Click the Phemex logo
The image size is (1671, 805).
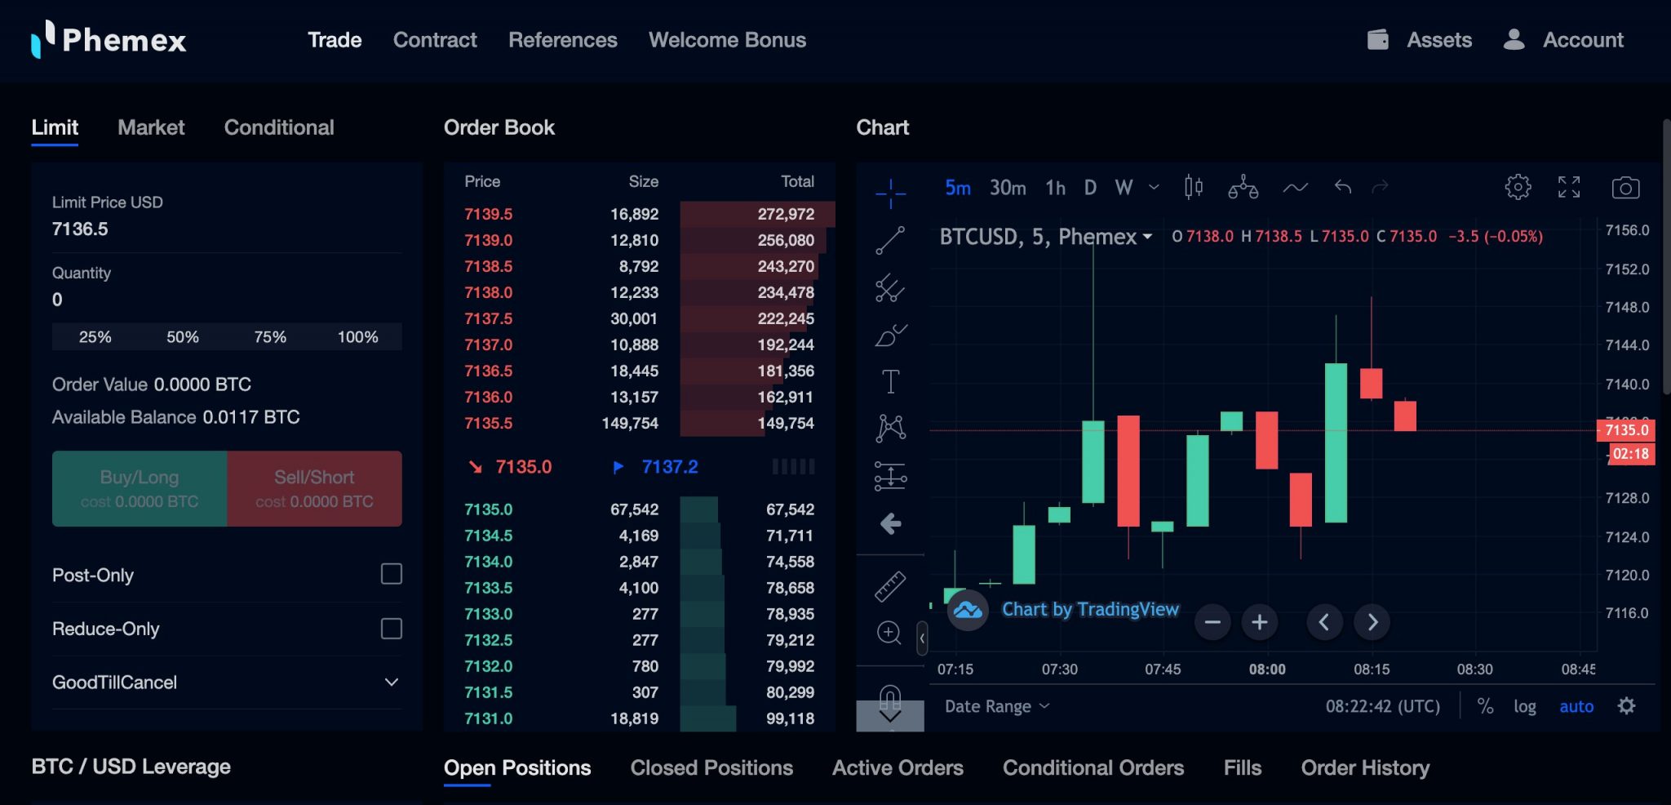click(109, 39)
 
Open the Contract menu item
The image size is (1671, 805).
click(435, 40)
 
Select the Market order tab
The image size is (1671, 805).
click(151, 127)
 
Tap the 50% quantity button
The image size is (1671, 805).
click(183, 337)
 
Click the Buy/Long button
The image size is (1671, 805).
click(140, 488)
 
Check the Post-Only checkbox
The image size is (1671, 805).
click(392, 574)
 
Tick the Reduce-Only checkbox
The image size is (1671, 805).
click(392, 629)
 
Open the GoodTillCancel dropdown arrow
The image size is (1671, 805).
click(392, 683)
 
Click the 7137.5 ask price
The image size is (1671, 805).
click(489, 318)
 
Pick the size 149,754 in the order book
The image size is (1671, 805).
click(630, 423)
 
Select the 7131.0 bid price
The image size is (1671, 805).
click(489, 718)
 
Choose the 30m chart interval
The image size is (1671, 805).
click(1008, 188)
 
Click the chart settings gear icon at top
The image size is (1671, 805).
click(1518, 187)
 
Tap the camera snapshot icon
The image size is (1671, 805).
click(1625, 188)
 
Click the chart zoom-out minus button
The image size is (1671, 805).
click(1212, 622)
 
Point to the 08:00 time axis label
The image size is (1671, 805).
click(1267, 669)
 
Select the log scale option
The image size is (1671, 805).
click(1524, 706)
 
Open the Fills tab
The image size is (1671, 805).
click(1242, 767)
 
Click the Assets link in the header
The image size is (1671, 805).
click(1438, 40)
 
